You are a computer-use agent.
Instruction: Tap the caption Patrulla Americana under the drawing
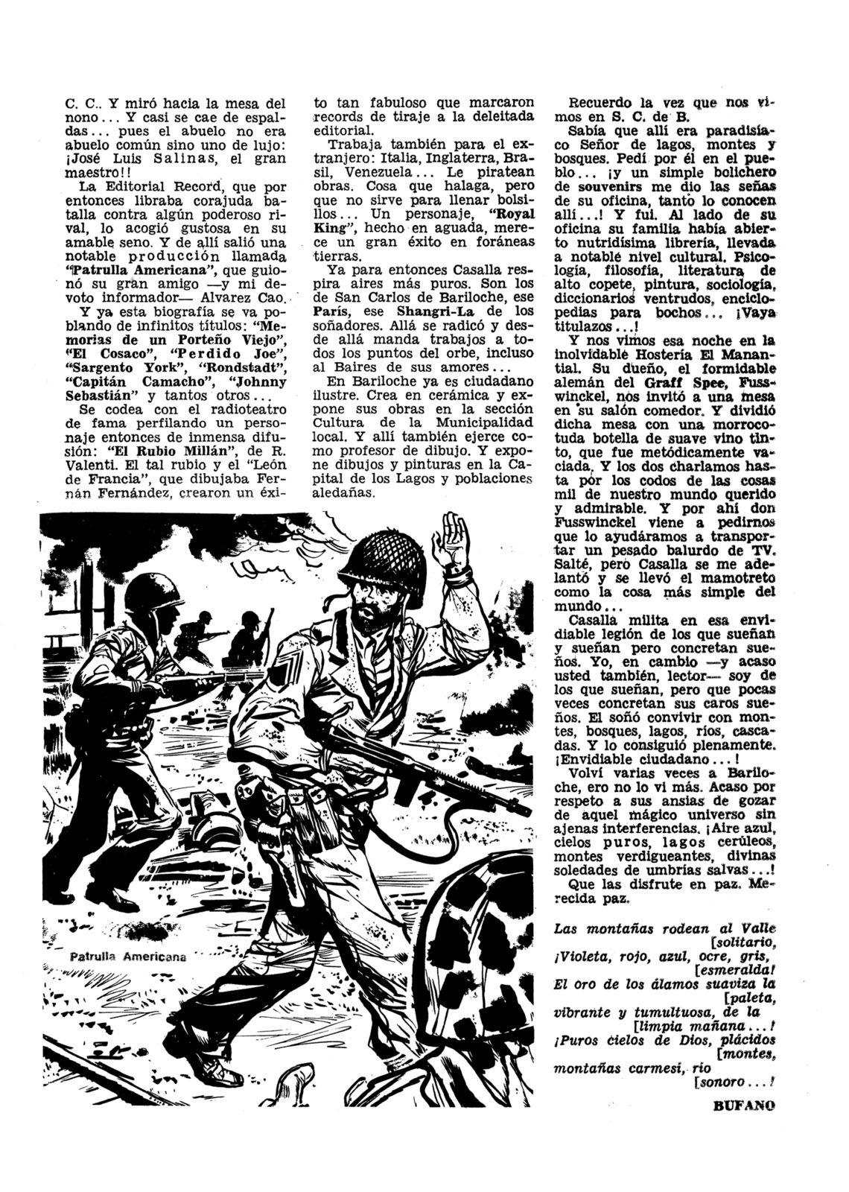(127, 957)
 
